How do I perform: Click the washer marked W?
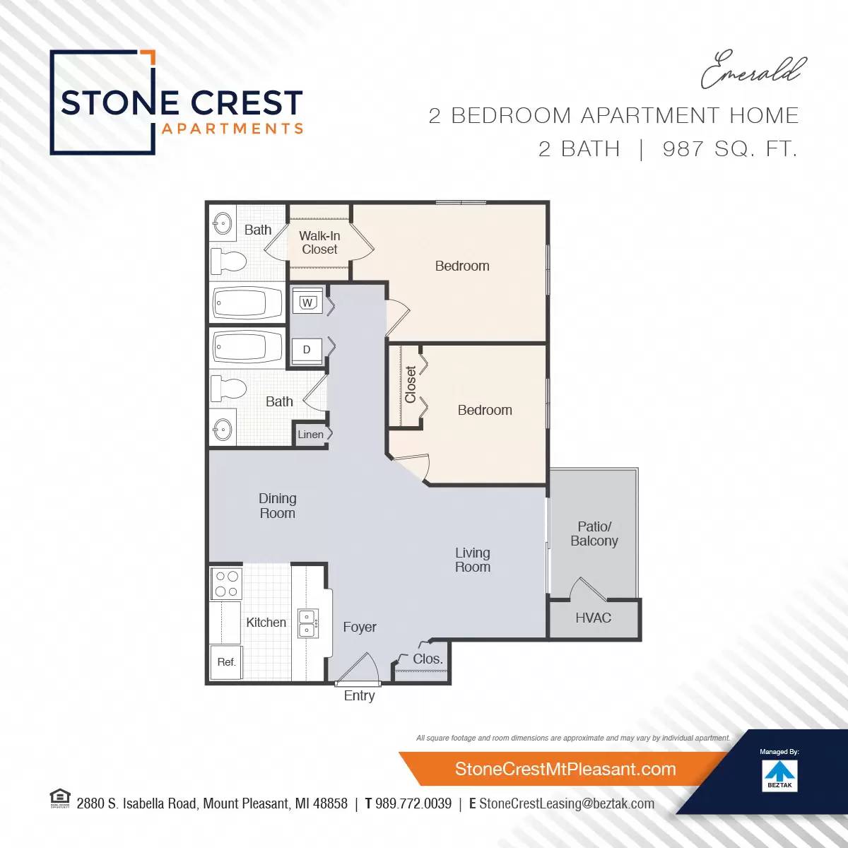307,302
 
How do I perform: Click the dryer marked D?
307,350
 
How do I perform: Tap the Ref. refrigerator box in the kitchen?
226,662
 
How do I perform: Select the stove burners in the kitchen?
226,584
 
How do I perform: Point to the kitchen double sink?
307,623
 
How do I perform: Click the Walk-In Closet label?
319,242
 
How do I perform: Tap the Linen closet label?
310,435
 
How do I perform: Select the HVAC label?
593,618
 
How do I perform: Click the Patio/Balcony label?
594,534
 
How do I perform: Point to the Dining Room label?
277,506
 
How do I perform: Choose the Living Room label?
472,560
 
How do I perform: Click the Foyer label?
359,627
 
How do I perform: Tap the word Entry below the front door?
359,695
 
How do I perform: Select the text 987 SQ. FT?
729,149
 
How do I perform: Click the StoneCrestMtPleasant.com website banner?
565,769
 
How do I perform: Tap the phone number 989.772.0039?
413,803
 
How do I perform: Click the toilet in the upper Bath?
229,262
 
